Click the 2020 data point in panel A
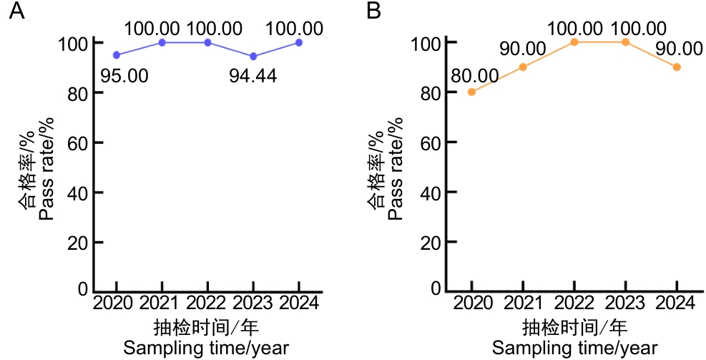[117, 55]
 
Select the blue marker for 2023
[253, 57]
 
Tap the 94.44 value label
[253, 76]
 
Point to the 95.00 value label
[124, 76]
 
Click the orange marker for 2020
[471, 92]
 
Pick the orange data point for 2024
[677, 67]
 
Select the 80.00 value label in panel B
[474, 76]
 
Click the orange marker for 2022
[574, 42]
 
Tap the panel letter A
[16, 11]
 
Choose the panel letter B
[374, 11]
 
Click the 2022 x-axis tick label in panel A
[207, 303]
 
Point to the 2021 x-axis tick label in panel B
[523, 303]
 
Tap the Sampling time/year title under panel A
[206, 349]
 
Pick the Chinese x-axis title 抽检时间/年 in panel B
[574, 328]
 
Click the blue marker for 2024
[298, 42]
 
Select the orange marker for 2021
[523, 67]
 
